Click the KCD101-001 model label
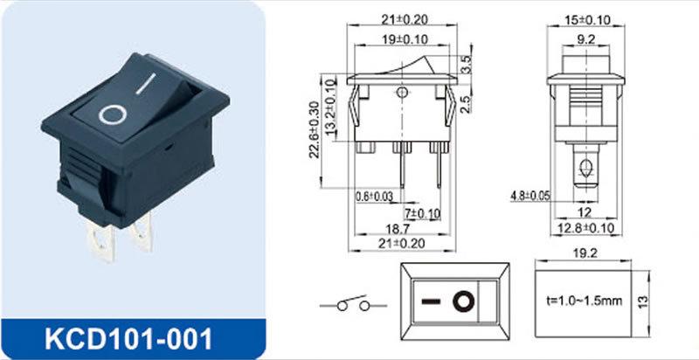pos(128,339)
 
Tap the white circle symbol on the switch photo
pos(113,114)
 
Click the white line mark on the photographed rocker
pos(146,84)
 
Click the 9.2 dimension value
pos(585,40)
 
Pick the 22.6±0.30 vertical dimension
pos(315,129)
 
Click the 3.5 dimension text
pos(466,64)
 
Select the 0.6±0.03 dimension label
pos(375,196)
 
